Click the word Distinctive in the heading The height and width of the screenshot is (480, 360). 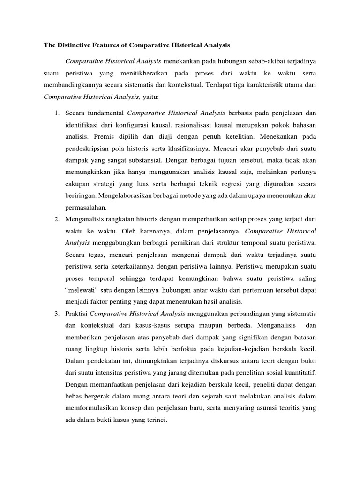click(x=79, y=46)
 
